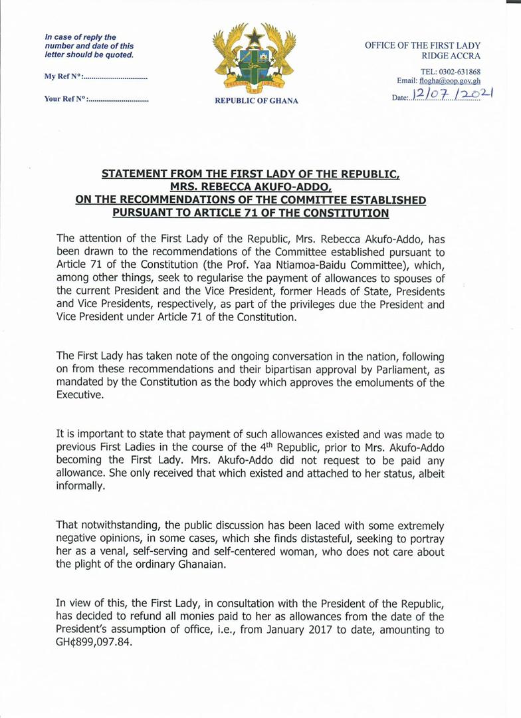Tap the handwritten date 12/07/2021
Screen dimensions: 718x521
[452, 95]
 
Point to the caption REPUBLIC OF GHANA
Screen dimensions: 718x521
[257, 101]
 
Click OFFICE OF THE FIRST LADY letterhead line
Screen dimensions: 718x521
[423, 45]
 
